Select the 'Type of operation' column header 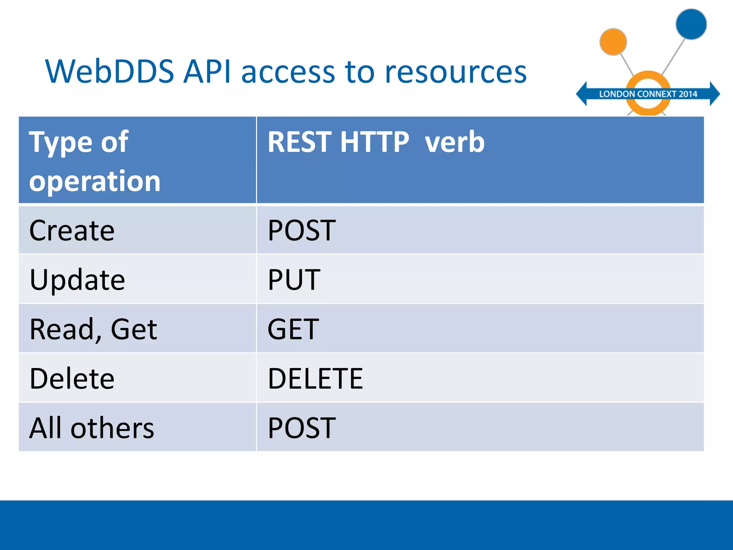click(x=94, y=161)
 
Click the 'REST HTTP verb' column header click(x=376, y=142)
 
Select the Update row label click(x=77, y=280)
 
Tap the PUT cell click(x=294, y=280)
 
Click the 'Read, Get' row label click(x=93, y=329)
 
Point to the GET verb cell click(x=293, y=329)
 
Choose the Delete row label click(x=72, y=378)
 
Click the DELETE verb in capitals click(x=315, y=378)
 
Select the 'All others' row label click(x=92, y=428)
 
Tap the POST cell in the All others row click(x=302, y=428)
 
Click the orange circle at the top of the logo click(x=613, y=42)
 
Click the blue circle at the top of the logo click(x=691, y=24)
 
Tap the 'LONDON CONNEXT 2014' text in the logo click(x=648, y=94)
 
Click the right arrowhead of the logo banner click(x=714, y=94)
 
